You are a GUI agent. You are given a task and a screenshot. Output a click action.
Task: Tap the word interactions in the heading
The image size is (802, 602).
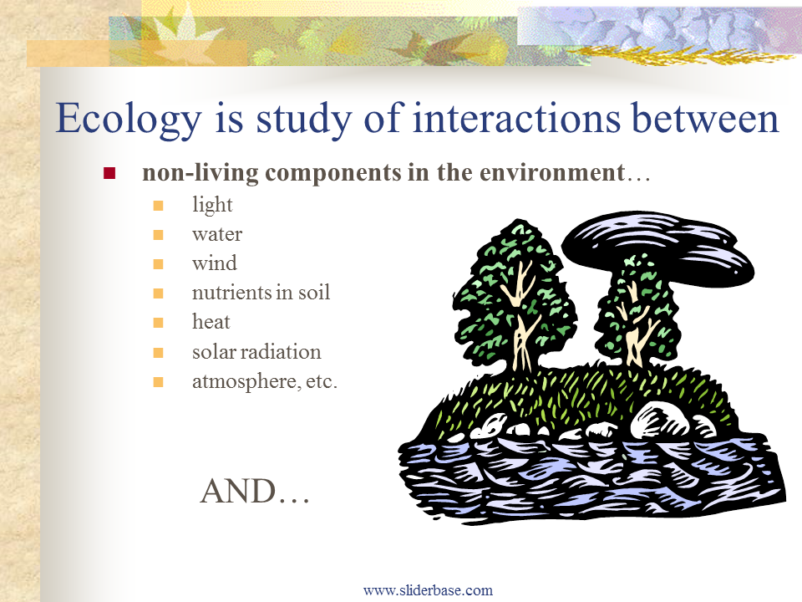pos(516,117)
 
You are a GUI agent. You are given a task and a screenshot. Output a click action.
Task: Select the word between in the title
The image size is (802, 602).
pos(706,117)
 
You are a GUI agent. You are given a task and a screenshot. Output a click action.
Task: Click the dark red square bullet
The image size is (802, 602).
pos(109,173)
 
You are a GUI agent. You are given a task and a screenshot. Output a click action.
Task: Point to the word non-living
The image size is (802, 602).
pos(200,173)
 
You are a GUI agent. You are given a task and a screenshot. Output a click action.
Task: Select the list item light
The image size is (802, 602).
pos(212,205)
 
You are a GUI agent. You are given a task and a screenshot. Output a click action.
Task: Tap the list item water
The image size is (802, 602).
pos(217,234)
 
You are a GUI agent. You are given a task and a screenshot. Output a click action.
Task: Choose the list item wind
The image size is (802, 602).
pos(215,263)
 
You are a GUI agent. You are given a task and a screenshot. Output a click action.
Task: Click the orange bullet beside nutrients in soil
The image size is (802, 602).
pos(158,293)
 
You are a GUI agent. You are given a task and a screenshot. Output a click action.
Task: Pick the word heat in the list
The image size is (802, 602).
pos(211,321)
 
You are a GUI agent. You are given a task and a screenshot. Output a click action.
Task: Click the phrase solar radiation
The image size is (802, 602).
pos(256,352)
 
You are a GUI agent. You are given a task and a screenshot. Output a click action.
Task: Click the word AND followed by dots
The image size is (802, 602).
pos(255,492)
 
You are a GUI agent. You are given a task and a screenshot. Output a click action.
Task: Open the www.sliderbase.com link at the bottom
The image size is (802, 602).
pos(428,590)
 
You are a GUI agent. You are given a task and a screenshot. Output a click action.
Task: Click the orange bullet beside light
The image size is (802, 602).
pos(158,206)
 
